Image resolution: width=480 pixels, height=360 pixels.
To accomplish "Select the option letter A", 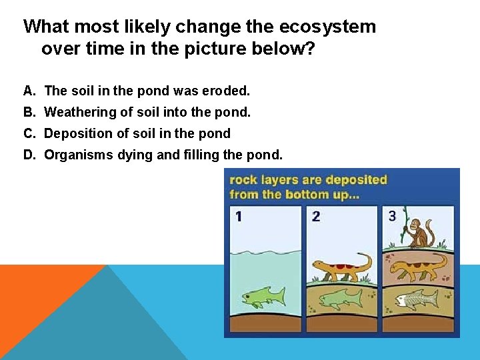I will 28,90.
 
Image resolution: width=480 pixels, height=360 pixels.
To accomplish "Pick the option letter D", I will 29,155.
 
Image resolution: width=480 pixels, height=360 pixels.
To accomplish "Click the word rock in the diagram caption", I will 242,180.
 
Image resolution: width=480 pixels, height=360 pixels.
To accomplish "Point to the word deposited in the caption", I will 357,180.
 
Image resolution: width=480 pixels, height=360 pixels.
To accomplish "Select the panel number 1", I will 239,216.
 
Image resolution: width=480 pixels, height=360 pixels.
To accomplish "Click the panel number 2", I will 316,216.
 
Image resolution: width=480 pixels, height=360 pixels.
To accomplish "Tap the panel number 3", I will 392,215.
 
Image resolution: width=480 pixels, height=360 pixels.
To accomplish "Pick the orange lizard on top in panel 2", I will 341,267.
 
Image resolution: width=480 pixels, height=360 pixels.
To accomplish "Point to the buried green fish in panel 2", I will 340,298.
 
